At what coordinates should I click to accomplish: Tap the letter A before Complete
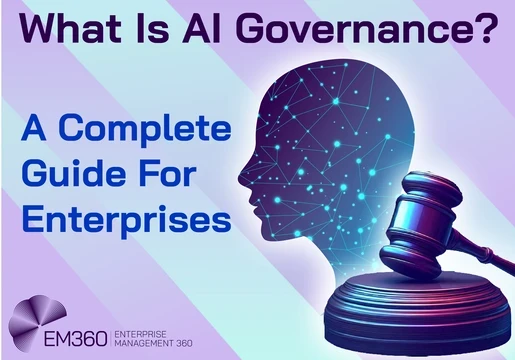[33, 130]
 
